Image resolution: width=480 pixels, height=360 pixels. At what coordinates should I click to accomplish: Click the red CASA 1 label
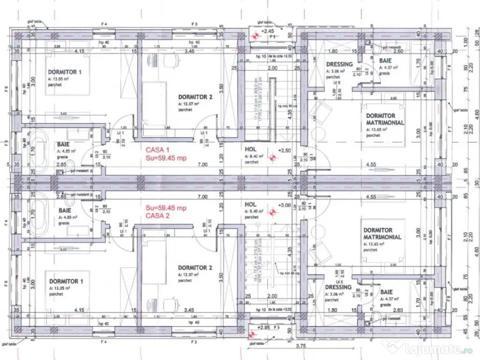[x=157, y=150]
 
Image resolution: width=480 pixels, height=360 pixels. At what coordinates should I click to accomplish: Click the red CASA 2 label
[x=157, y=216]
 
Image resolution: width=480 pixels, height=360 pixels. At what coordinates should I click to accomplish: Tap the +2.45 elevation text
[x=268, y=31]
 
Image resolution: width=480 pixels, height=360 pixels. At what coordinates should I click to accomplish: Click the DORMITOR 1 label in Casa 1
[x=65, y=72]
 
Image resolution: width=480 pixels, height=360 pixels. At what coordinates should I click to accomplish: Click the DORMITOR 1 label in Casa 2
[x=66, y=281]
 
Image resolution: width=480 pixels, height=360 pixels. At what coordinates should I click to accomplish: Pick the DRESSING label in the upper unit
[x=339, y=64]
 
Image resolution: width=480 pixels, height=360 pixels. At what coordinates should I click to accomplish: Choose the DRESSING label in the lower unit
[x=338, y=287]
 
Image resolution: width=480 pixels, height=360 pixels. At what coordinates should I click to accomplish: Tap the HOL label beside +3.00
[x=251, y=204]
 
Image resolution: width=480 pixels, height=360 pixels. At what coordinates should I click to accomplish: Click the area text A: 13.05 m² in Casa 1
[x=62, y=79]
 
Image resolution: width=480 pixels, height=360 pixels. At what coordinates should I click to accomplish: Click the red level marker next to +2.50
[x=270, y=158]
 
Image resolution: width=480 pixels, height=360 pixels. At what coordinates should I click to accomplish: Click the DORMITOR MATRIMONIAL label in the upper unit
[x=385, y=119]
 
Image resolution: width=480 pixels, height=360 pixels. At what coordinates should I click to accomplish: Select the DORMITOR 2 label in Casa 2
[x=195, y=268]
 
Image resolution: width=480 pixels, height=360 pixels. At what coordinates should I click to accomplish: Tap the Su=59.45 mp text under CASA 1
[x=166, y=158]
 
